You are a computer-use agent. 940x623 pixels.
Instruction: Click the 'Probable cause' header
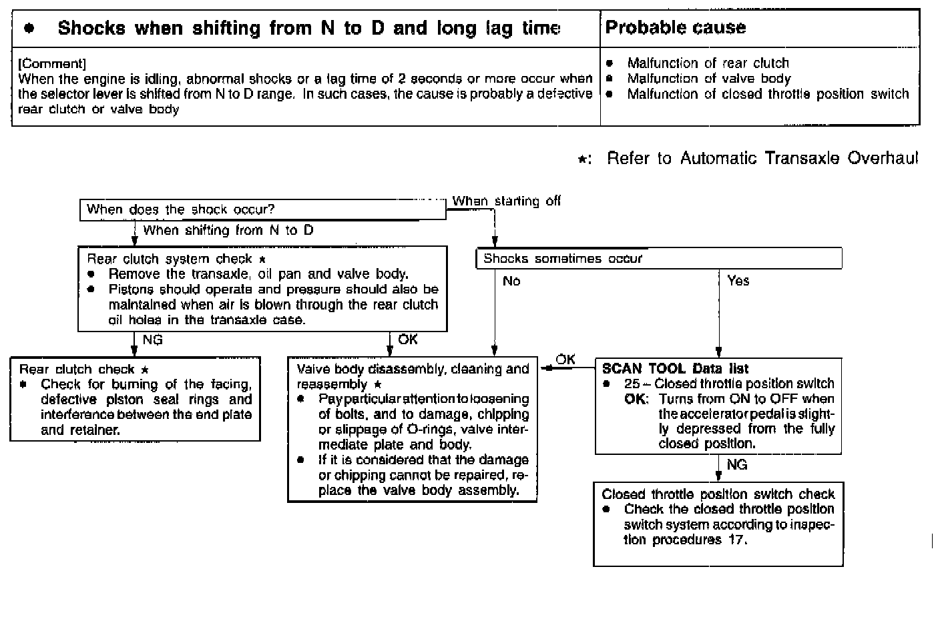675,28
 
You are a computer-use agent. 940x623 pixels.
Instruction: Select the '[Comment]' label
52,64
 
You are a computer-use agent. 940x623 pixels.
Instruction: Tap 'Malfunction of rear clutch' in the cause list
708,63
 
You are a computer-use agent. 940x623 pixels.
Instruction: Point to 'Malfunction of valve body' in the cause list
708,79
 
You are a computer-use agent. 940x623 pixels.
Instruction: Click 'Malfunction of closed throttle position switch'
768,94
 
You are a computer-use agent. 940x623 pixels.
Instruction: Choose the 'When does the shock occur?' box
262,209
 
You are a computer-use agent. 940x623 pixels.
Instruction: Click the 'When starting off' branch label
506,201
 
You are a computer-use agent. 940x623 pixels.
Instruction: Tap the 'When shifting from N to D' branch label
228,231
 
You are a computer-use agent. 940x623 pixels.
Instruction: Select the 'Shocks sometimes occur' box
658,259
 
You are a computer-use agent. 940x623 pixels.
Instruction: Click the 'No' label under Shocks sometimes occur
511,281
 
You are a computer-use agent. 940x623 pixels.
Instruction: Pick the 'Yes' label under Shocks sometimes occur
738,281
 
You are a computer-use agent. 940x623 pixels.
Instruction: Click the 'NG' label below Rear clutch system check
152,340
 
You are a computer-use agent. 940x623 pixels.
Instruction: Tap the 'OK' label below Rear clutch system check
407,340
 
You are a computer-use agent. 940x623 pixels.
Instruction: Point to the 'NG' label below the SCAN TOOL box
736,465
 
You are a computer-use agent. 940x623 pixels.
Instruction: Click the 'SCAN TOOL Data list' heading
675,369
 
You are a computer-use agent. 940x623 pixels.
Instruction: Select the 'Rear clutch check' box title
77,370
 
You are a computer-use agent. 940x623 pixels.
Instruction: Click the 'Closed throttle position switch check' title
718,494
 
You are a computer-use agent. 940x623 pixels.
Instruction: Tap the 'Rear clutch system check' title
170,259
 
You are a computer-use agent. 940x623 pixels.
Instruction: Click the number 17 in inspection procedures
733,540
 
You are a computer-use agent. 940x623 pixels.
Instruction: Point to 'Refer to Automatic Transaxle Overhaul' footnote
762,159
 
